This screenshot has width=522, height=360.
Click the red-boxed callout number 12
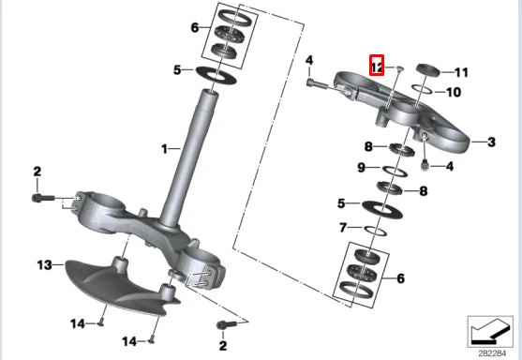coord(377,66)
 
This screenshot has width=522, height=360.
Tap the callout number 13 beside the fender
coord(45,265)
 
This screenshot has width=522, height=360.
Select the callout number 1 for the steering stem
coord(164,149)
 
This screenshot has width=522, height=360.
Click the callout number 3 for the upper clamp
coord(491,142)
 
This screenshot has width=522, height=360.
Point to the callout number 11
coord(461,72)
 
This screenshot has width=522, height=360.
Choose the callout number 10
coord(454,92)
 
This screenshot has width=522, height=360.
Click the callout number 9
coord(361,168)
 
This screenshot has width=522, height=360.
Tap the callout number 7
coord(343,228)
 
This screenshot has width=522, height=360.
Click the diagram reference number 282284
coord(492,353)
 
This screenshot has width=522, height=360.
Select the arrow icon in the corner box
coord(490,332)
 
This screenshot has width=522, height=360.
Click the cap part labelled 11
coord(428,70)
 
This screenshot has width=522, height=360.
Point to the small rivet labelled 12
coord(400,68)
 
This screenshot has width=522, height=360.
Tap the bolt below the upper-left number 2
coord(42,198)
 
